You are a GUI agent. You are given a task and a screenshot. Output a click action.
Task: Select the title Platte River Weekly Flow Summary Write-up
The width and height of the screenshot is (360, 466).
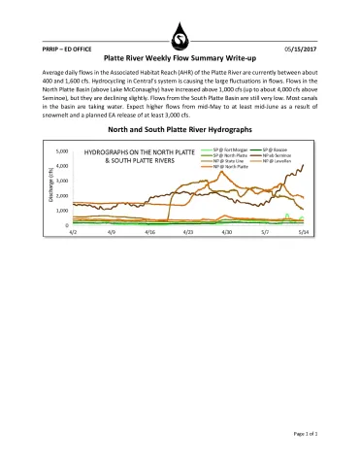click(x=180, y=58)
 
